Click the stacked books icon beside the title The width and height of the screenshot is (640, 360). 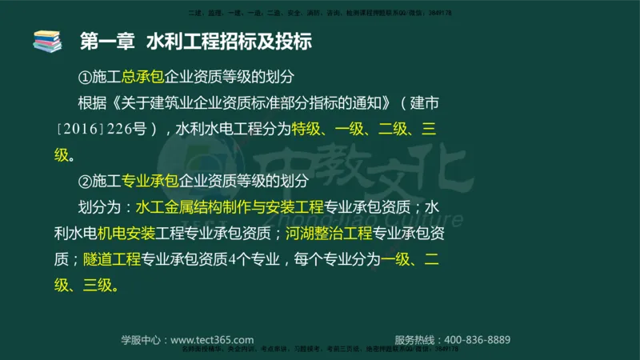47,41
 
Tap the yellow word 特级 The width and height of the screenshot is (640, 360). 305,130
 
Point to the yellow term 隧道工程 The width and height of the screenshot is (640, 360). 111,259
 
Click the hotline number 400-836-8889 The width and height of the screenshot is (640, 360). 476,339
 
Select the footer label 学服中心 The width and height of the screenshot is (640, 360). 142,339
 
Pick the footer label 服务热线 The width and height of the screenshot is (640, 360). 416,339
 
